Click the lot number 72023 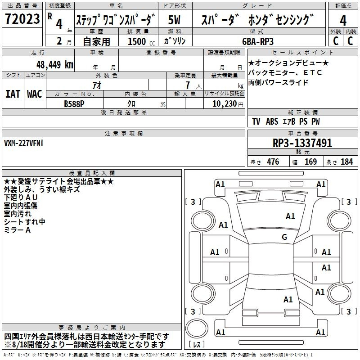[x=22, y=18]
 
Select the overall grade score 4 [x=343, y=20]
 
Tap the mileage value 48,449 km [x=54, y=65]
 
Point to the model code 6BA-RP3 [x=258, y=41]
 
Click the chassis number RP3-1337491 [x=302, y=143]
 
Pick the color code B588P [x=74, y=104]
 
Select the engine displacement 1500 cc [x=141, y=41]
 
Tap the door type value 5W [x=174, y=20]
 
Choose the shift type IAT [x=13, y=94]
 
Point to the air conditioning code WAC [x=35, y=94]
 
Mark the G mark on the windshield [x=284, y=237]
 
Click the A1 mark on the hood [x=290, y=216]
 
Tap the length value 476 [x=273, y=162]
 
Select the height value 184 [x=346, y=162]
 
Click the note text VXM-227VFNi [x=23, y=143]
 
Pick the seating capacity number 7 [x=188, y=85]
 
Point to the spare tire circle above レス [x=197, y=328]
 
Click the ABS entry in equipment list [x=272, y=121]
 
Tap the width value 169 [x=310, y=162]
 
